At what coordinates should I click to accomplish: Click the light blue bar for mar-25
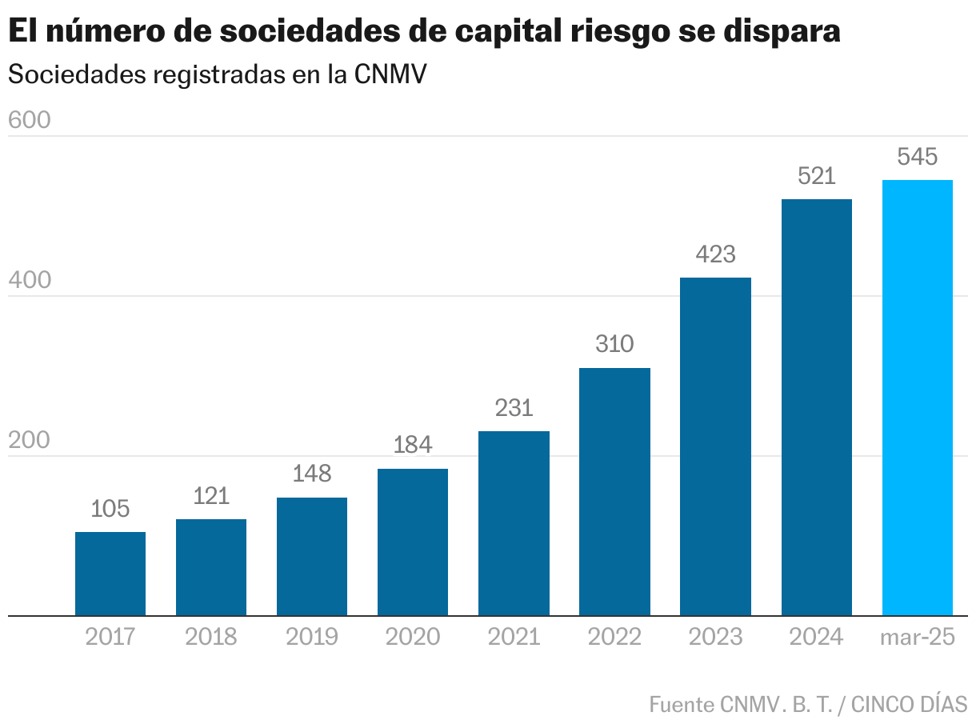point(917,398)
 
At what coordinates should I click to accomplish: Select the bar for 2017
point(110,574)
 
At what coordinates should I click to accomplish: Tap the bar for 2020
point(413,542)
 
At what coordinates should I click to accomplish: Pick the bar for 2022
point(614,491)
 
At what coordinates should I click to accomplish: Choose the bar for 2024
point(816,407)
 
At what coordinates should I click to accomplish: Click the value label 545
point(917,157)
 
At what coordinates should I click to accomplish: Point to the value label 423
point(715,254)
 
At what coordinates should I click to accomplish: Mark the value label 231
point(514,408)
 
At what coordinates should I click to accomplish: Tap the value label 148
point(312,474)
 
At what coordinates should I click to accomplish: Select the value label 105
point(110,509)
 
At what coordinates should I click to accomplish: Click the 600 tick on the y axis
point(29,120)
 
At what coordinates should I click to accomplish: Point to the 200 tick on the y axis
point(29,441)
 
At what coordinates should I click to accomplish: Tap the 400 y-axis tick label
point(29,281)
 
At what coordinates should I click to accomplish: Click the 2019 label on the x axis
point(312,637)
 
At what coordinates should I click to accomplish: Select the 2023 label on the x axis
point(715,637)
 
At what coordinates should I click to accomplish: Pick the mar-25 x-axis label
point(917,637)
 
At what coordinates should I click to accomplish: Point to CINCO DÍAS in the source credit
point(909,705)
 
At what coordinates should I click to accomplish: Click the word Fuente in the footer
point(682,705)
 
